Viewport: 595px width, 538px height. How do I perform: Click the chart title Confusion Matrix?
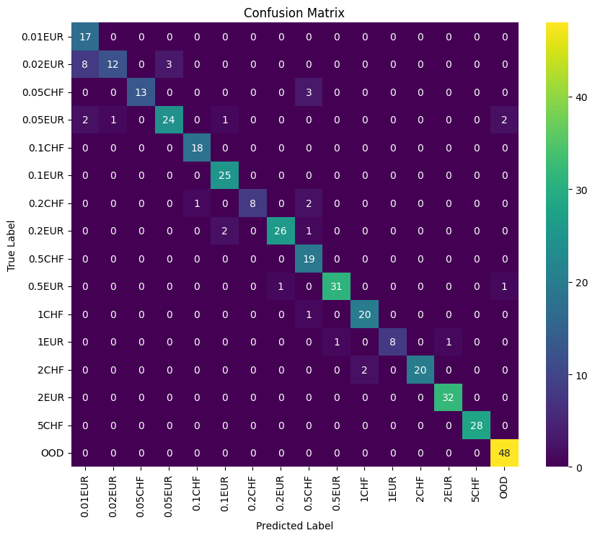click(294, 13)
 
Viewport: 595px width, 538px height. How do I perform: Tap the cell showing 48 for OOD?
click(504, 454)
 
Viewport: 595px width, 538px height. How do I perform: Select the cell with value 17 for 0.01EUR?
click(86, 37)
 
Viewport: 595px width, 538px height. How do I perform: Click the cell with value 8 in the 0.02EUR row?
click(86, 64)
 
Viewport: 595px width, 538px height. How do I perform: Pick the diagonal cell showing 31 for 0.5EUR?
click(337, 287)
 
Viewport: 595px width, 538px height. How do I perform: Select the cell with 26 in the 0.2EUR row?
click(281, 231)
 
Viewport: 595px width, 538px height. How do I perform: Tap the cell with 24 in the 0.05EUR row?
click(169, 120)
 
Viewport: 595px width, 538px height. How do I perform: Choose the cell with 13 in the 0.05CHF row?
click(141, 92)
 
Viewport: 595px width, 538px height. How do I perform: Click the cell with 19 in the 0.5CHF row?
click(309, 259)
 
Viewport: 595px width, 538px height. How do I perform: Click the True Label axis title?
click(12, 245)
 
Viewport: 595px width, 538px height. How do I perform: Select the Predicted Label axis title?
click(294, 526)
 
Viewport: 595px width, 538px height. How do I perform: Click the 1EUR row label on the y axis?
click(51, 343)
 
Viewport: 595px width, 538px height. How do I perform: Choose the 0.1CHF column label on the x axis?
click(198, 493)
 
